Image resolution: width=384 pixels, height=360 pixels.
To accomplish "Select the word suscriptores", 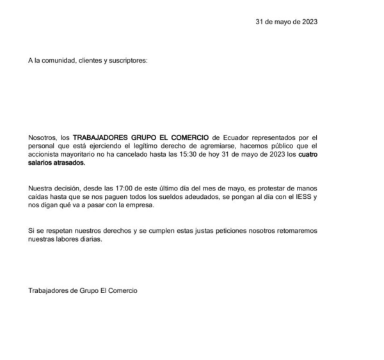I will point(127,61).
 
